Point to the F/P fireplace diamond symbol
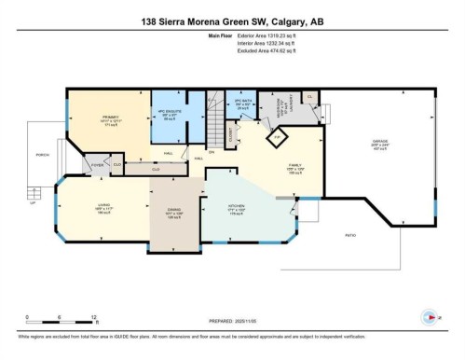coord(275,138)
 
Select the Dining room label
coord(173,211)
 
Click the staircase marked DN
coord(213,130)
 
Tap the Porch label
coord(41,154)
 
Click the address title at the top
coord(232,21)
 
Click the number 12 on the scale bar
coord(82,318)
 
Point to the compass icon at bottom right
coord(430,316)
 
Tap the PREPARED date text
coord(232,325)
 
